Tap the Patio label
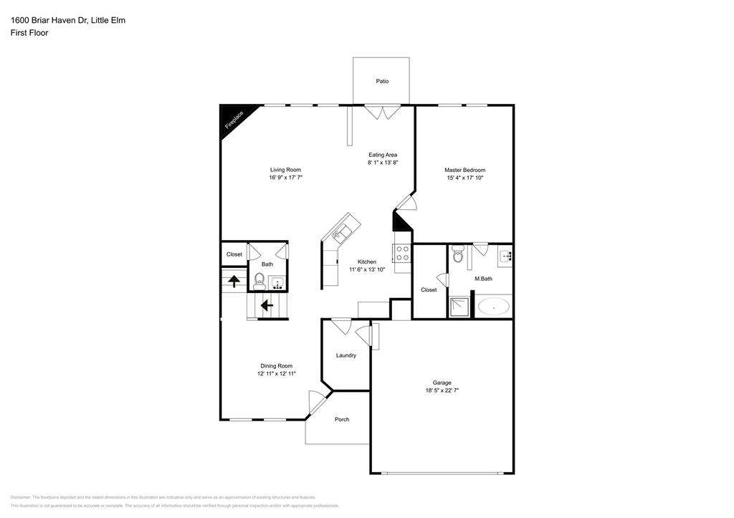(x=382, y=81)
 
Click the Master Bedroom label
(x=464, y=170)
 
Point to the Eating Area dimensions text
(x=382, y=163)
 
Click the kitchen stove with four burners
(x=402, y=253)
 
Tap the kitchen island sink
(x=340, y=231)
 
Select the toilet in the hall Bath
(x=259, y=280)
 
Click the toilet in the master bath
(x=459, y=254)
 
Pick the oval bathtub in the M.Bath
(x=494, y=307)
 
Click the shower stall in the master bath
(x=460, y=307)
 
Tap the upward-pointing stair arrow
(x=234, y=280)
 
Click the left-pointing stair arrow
(x=267, y=306)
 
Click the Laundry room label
(x=345, y=355)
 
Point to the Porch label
(x=342, y=419)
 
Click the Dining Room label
(x=276, y=366)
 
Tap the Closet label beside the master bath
(x=429, y=290)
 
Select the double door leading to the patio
(x=382, y=112)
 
